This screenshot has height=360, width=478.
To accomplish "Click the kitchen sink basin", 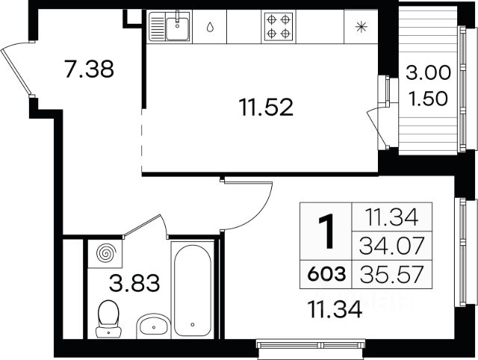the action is click(x=177, y=28).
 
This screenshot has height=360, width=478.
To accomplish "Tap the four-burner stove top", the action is click(x=279, y=27).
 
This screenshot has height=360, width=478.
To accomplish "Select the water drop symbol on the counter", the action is click(x=210, y=27).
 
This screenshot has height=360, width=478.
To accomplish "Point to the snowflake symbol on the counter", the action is click(x=361, y=27).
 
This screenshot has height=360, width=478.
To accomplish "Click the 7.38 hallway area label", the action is click(x=89, y=69).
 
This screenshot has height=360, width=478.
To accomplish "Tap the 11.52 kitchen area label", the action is click(x=266, y=108).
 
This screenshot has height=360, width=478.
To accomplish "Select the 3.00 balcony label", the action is click(x=428, y=73).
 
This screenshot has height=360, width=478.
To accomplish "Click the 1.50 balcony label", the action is click(x=428, y=99).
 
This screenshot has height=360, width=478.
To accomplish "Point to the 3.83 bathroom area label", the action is click(x=134, y=283).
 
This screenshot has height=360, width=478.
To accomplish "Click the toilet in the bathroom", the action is click(x=108, y=318).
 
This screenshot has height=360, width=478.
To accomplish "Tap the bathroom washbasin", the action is click(x=153, y=326).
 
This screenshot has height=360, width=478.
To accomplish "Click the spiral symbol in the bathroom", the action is click(x=105, y=253).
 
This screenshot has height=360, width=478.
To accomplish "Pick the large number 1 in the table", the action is click(x=326, y=231).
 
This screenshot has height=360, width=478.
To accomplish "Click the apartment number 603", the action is click(x=326, y=273).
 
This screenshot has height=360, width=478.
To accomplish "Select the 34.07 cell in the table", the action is click(x=391, y=246).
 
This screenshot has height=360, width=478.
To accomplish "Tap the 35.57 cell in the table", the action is click(x=391, y=273).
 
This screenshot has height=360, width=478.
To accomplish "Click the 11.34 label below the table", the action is click(x=335, y=309).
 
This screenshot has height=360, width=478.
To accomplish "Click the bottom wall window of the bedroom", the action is click(x=311, y=345).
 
